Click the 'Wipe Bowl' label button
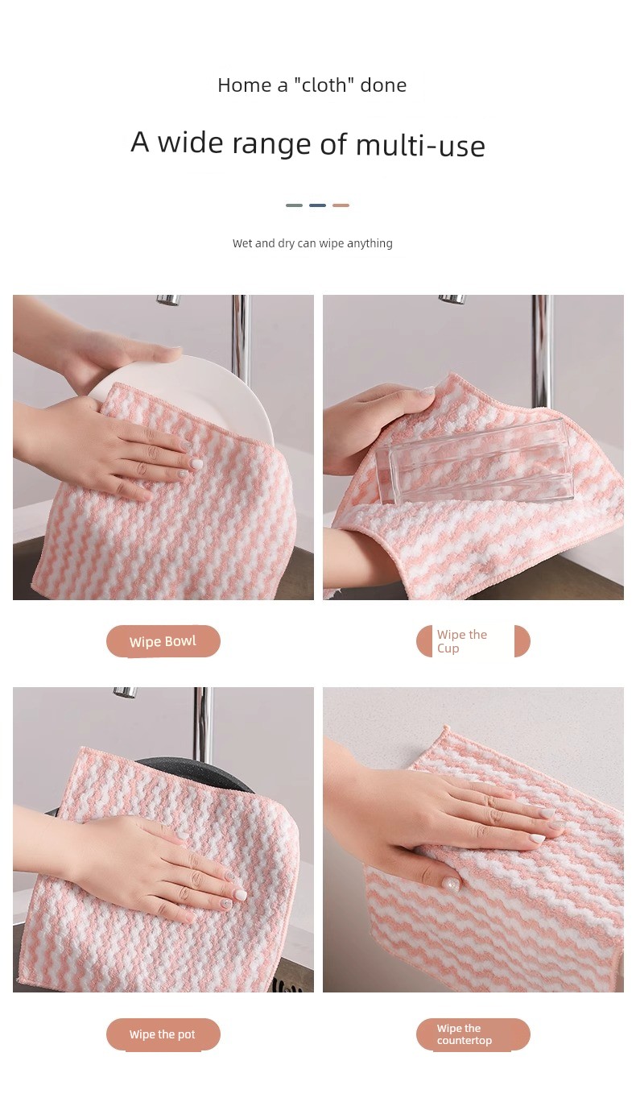[163, 641]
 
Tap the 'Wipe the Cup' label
[473, 641]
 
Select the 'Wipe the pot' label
[163, 1034]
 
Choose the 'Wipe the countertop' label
[473, 1034]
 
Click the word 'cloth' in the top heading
[324, 85]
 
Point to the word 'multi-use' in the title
[420, 146]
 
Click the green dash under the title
[294, 205]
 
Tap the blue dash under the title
[317, 205]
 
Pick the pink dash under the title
[341, 205]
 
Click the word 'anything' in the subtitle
[370, 243]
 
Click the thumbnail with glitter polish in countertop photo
[450, 883]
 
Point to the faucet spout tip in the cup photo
[451, 299]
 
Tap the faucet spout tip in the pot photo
[125, 693]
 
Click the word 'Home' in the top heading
[245, 85]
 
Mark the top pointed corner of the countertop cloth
[446, 727]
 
